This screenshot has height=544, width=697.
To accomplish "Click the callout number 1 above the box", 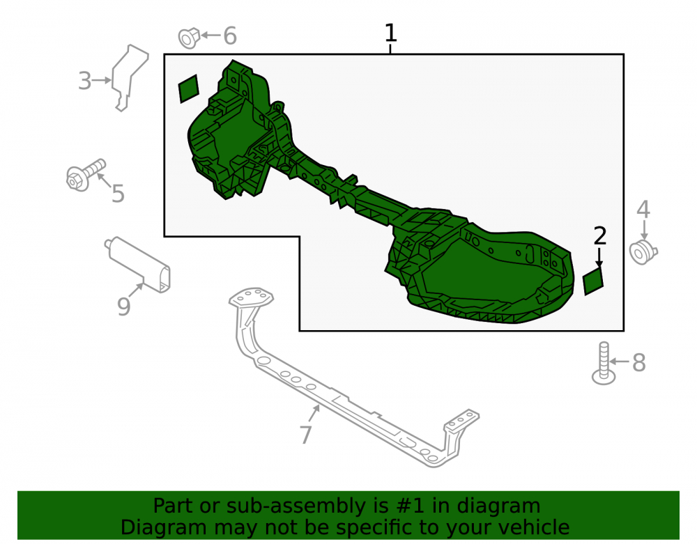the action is point(390,33).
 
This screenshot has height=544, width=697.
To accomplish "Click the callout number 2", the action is point(599,236).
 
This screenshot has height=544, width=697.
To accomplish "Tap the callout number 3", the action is point(84,81).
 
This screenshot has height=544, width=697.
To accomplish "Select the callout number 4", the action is point(643,209).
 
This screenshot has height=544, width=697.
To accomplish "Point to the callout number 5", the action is point(118,194).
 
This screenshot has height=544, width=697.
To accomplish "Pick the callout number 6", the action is point(230,36).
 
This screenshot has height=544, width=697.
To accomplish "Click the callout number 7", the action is point(306,435).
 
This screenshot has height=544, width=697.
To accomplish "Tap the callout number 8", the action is point(638,363).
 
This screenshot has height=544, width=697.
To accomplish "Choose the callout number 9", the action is point(123,306).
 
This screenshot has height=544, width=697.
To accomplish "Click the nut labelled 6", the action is point(188,38).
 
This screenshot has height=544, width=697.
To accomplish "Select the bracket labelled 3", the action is point(128,77).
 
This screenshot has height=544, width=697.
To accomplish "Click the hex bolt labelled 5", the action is point(85,175).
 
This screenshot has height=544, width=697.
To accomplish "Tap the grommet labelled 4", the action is point(643,252).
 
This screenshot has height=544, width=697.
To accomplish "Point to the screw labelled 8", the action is point(603,364).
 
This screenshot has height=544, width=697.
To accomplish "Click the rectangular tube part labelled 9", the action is point(138,264).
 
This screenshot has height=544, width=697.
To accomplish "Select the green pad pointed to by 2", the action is point(593,281).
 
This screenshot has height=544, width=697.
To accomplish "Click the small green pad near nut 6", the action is point(188,89).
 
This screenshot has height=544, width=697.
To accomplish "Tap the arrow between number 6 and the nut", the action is point(210,35).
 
